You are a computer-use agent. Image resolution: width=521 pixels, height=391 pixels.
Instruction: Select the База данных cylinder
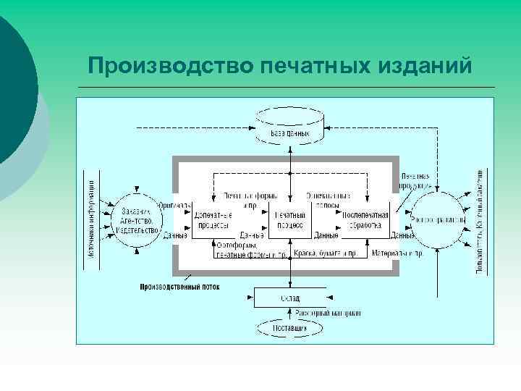click(290, 123)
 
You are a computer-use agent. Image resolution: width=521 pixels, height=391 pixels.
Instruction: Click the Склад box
click(289, 298)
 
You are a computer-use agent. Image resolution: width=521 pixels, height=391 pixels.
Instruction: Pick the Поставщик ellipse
click(289, 328)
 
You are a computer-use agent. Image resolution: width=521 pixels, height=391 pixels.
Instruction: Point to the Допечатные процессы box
click(215, 220)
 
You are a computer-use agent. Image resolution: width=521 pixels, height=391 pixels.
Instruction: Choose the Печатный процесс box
click(289, 220)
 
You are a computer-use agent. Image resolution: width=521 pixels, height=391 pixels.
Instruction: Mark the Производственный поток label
click(179, 287)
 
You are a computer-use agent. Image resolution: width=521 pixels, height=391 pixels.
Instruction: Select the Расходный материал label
click(328, 313)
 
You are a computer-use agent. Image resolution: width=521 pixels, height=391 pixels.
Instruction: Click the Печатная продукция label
click(415, 180)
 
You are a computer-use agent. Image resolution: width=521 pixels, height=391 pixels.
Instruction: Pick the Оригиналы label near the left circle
click(174, 206)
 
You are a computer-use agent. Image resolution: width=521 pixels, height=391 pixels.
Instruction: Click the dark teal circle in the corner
click(11, 87)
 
